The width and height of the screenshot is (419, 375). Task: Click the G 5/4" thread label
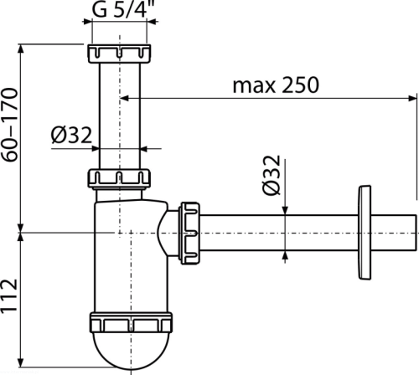pyautogui.click(x=123, y=9)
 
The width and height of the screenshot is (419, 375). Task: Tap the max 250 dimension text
pyautogui.click(x=276, y=85)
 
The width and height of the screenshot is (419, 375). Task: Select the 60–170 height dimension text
pyautogui.click(x=10, y=125)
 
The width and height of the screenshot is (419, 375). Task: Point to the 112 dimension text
pyautogui.click(x=10, y=295)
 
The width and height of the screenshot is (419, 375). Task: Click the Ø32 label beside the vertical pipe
pyautogui.click(x=71, y=135)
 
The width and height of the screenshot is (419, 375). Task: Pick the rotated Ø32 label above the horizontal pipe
pyautogui.click(x=272, y=175)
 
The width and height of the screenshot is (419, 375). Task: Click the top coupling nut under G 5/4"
pyautogui.click(x=120, y=54)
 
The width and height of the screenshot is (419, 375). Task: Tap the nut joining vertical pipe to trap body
pyautogui.click(x=120, y=178)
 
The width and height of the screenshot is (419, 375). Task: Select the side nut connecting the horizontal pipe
pyautogui.click(x=190, y=233)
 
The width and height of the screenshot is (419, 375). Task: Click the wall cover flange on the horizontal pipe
pyautogui.click(x=365, y=233)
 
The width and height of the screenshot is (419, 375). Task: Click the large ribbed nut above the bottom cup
pyautogui.click(x=131, y=322)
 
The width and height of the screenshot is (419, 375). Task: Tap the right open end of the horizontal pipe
pyautogui.click(x=416, y=233)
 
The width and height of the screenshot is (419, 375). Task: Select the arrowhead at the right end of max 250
pyautogui.click(x=413, y=98)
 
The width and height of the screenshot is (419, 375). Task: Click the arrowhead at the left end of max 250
pyautogui.click(x=124, y=98)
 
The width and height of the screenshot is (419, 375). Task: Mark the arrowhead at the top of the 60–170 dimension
pyautogui.click(x=21, y=49)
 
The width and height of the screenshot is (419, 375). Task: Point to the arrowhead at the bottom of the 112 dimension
pyautogui.click(x=21, y=362)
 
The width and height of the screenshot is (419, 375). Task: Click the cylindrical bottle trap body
pyautogui.click(x=131, y=257)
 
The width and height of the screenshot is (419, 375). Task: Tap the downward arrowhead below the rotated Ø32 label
pyautogui.click(x=285, y=211)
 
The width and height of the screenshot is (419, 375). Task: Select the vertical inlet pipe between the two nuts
pyautogui.click(x=120, y=116)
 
